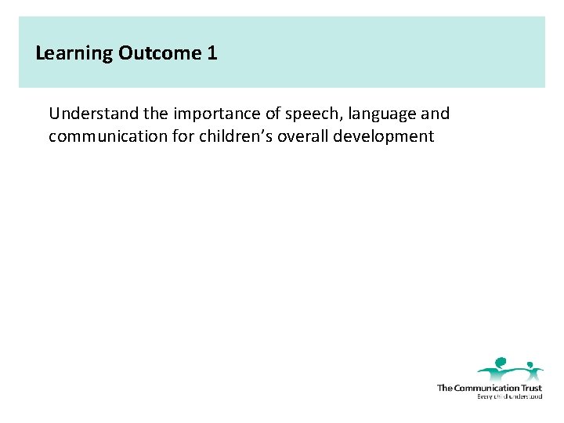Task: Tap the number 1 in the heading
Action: click(211, 53)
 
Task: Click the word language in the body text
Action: click(379, 114)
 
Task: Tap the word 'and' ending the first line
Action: click(436, 114)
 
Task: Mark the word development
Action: click(383, 137)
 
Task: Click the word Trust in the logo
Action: click(531, 388)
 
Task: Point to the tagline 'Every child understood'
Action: click(509, 396)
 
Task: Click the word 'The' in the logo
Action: click(444, 388)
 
